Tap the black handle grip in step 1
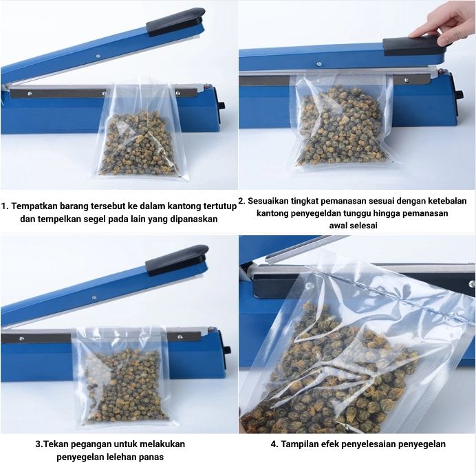(x=175, y=22)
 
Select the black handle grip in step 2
(x=418, y=45)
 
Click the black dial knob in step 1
(x=222, y=106)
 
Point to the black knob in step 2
(x=459, y=94)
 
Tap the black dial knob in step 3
(x=227, y=349)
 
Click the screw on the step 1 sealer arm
(x=98, y=56)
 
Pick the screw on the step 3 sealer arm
(x=94, y=298)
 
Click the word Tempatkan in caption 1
(x=34, y=206)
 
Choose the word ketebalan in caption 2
(x=447, y=201)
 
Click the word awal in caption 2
(x=338, y=226)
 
